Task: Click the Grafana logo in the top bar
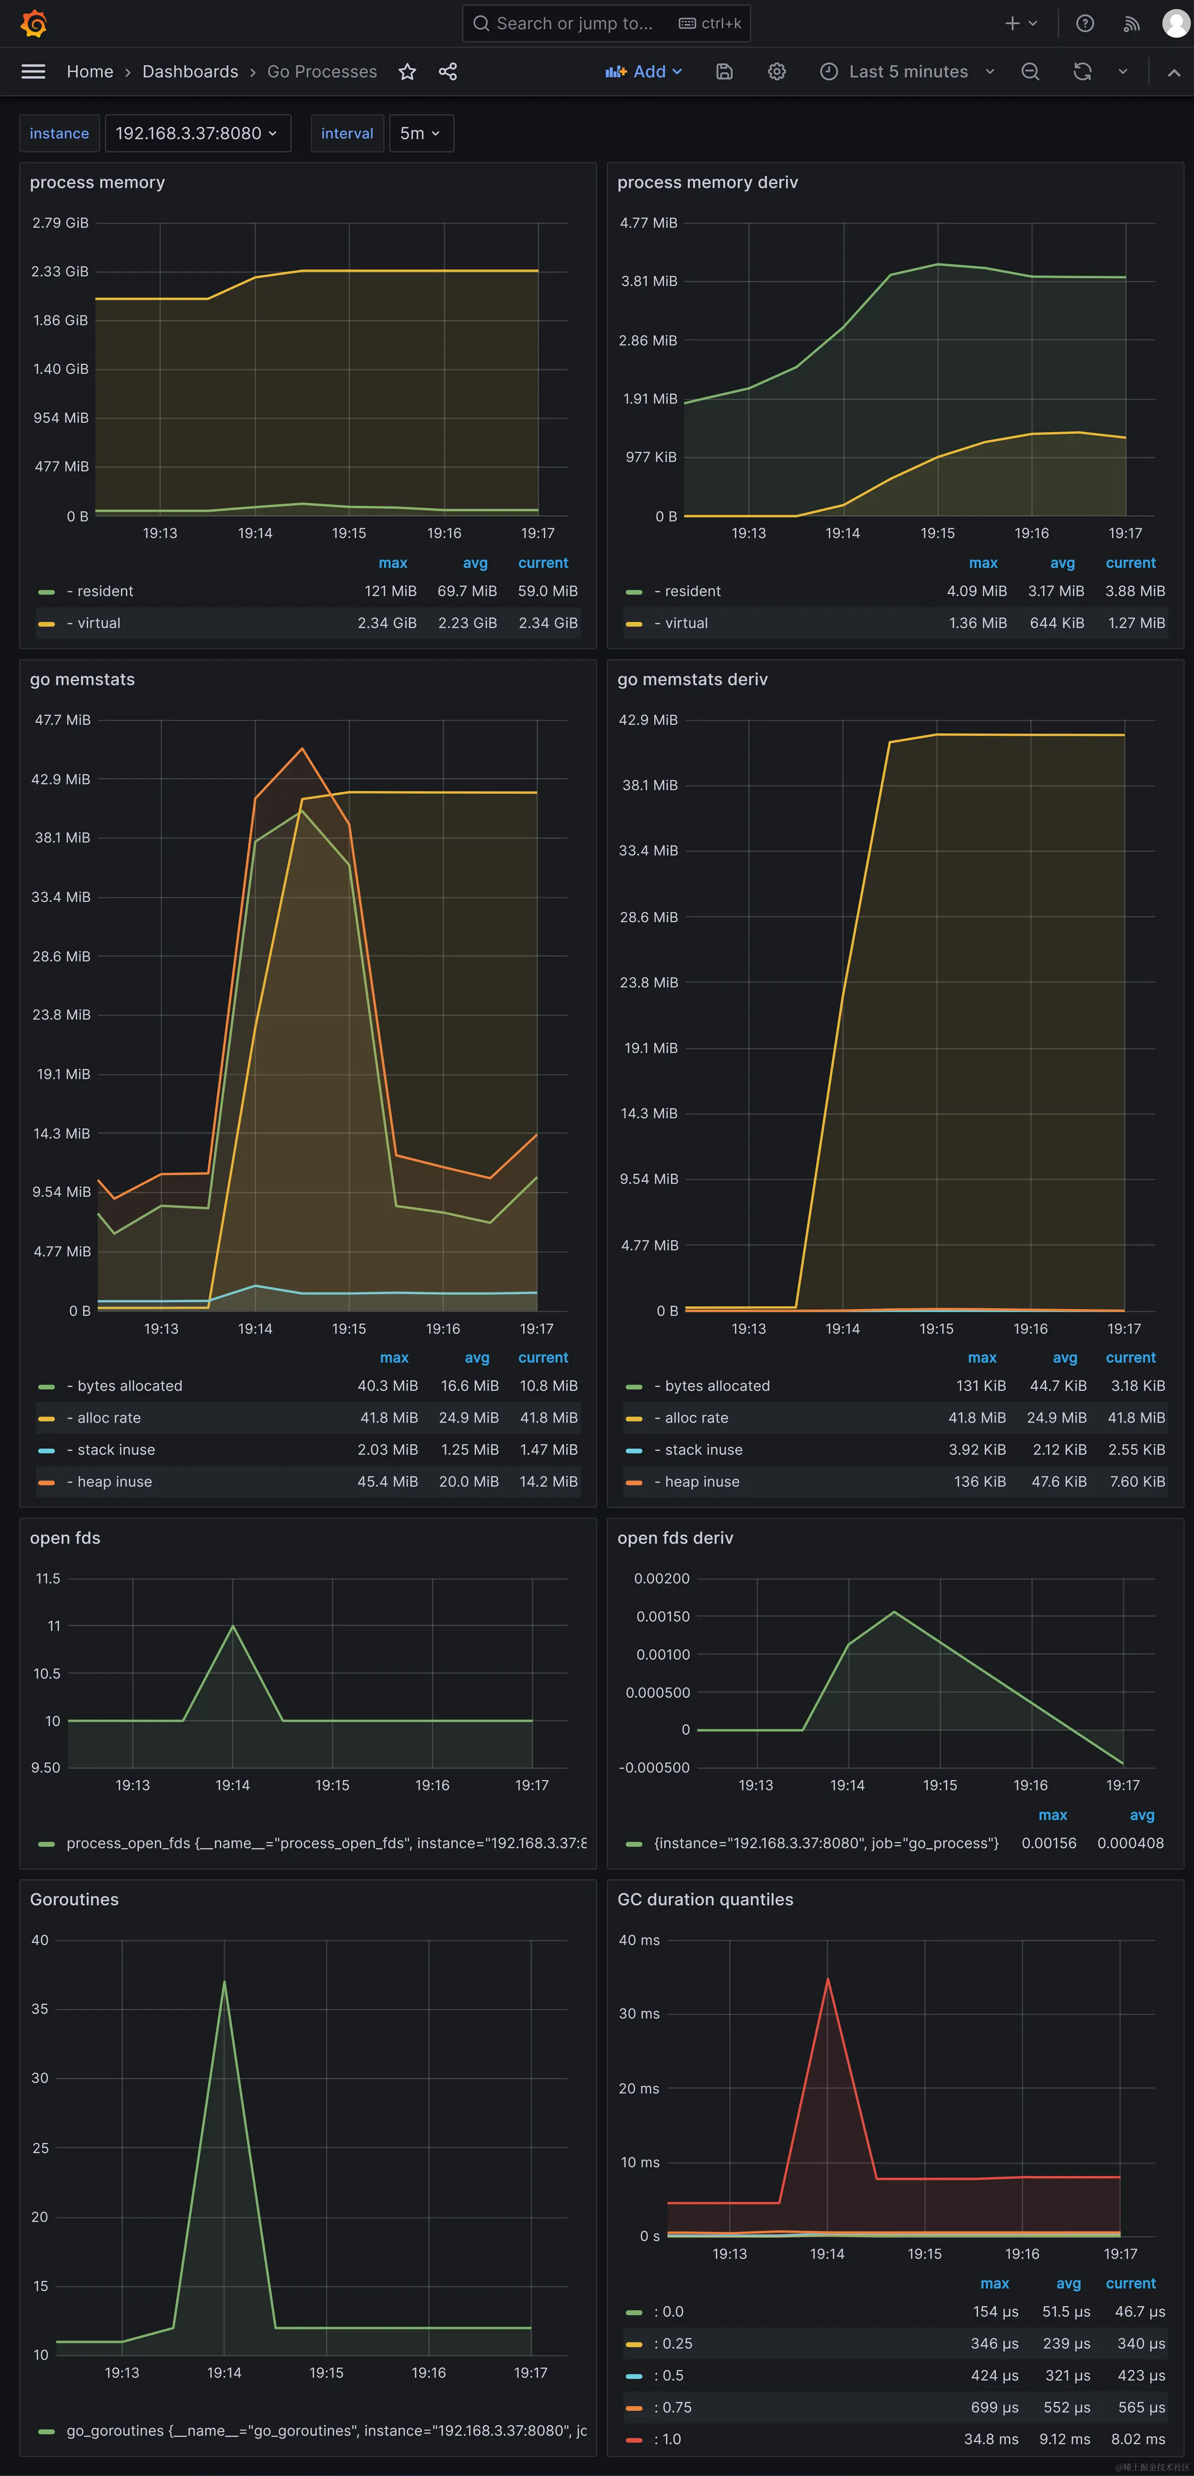(34, 23)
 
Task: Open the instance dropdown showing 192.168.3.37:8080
(197, 134)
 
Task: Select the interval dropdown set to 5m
(420, 134)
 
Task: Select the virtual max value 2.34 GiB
(387, 623)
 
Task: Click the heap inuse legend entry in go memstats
(114, 1481)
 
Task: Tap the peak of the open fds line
(233, 1625)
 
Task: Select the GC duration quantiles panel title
(705, 1899)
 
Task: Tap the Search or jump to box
(575, 23)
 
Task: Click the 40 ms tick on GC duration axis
(639, 1940)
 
